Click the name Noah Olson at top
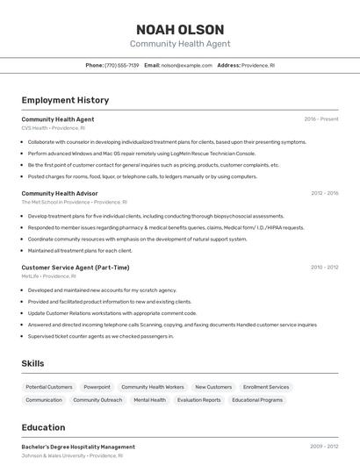pyautogui.click(x=180, y=29)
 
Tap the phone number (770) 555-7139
pyautogui.click(x=121, y=65)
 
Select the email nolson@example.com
pyautogui.click(x=187, y=65)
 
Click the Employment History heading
pyautogui.click(x=65, y=100)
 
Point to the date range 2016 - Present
pyautogui.click(x=321, y=118)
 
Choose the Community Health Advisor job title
pyautogui.click(x=60, y=193)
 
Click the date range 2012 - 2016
pyautogui.click(x=324, y=193)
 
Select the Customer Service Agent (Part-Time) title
pyautogui.click(x=76, y=267)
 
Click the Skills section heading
pyautogui.click(x=33, y=362)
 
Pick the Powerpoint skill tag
pyautogui.click(x=97, y=387)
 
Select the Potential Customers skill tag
pyautogui.click(x=49, y=387)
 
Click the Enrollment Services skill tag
pyautogui.click(x=266, y=387)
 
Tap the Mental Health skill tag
pyautogui.click(x=149, y=400)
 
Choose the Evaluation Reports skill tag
pyautogui.click(x=199, y=400)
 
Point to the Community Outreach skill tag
pyautogui.click(x=97, y=400)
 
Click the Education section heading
pyautogui.click(x=44, y=427)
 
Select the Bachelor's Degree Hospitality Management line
pyautogui.click(x=78, y=447)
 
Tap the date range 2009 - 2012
pyautogui.click(x=324, y=447)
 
